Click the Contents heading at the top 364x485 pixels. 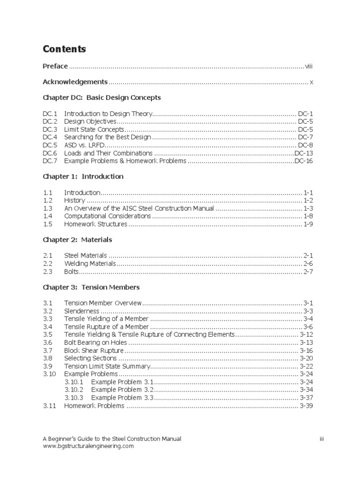click(x=64, y=49)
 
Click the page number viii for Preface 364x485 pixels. click(x=309, y=66)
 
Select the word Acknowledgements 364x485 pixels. click(x=75, y=82)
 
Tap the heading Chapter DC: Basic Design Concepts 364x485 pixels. click(x=102, y=98)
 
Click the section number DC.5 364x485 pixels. click(x=50, y=145)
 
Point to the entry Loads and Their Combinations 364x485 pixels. click(x=108, y=153)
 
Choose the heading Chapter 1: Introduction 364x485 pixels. click(x=83, y=177)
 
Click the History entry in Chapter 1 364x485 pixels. click(x=74, y=200)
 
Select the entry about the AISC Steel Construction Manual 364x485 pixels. click(x=139, y=208)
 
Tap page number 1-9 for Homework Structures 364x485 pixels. click(x=308, y=224)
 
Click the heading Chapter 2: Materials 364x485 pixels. click(x=77, y=240)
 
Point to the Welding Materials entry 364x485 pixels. click(x=90, y=263)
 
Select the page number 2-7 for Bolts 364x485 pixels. click(x=308, y=271)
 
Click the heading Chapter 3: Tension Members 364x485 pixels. click(x=91, y=287)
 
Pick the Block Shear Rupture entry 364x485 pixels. click(x=94, y=350)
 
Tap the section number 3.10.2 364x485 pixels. click(x=73, y=390)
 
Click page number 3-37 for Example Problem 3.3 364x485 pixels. click(x=306, y=398)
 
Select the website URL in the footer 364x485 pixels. click(x=88, y=446)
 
